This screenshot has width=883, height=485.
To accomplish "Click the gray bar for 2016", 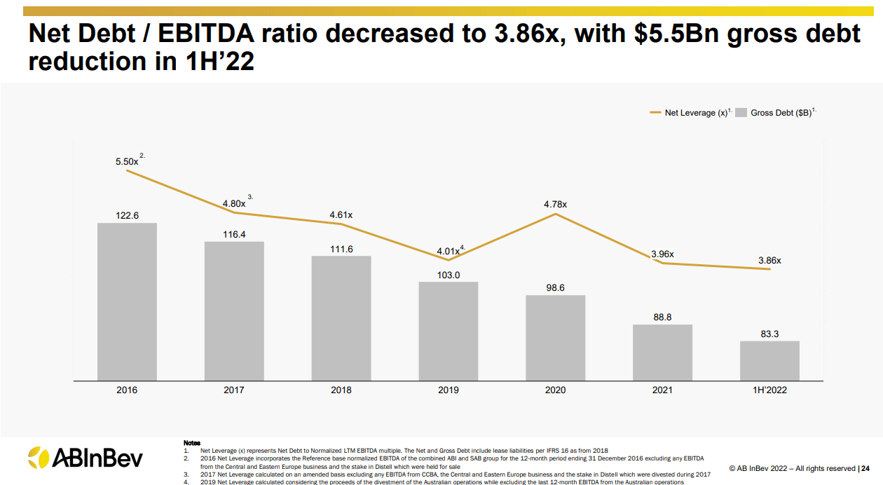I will point(127,301).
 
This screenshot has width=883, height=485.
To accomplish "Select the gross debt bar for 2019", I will point(449,331).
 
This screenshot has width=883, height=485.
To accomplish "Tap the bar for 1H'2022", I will point(769,360).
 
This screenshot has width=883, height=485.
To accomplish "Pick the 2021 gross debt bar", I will point(662,352).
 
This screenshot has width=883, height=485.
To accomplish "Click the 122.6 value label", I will point(127,216).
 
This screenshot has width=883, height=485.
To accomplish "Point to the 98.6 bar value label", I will point(556,288).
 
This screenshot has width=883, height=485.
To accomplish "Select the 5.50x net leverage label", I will point(127,162).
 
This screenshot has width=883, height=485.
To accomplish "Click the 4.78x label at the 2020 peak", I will point(555,205).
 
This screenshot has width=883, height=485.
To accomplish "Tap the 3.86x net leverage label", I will point(769,260).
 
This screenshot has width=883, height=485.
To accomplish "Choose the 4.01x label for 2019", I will point(447,251).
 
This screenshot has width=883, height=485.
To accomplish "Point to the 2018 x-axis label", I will point(341,390).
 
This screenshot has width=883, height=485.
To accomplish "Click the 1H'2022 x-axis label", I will point(769,390).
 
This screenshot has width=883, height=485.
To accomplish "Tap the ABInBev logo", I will point(85,458).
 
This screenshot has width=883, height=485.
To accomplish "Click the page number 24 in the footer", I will point(865,468).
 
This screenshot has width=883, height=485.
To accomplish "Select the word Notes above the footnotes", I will point(191,443).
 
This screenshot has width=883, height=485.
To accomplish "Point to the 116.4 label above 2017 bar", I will point(234,235).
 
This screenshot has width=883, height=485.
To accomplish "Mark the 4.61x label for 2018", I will point(341,215).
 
